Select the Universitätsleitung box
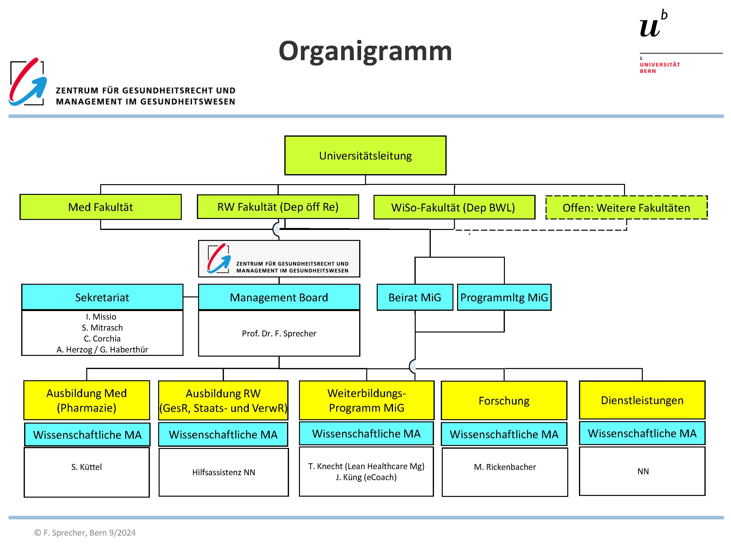click(x=365, y=155)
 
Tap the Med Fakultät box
click(x=100, y=207)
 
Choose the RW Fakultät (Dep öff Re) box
click(x=278, y=207)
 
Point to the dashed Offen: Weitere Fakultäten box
click(x=626, y=208)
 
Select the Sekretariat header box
click(x=102, y=297)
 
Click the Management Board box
click(x=279, y=297)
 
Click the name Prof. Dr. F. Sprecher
click(x=279, y=333)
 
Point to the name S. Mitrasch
click(x=102, y=327)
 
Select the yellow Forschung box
click(x=504, y=400)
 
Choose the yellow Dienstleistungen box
click(x=642, y=400)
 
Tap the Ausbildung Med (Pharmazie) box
click(x=87, y=400)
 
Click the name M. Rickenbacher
click(x=505, y=467)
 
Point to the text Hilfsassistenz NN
click(x=224, y=472)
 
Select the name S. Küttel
click(x=87, y=467)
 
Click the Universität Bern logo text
click(x=660, y=67)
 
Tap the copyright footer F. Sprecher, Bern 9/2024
click(x=85, y=532)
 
